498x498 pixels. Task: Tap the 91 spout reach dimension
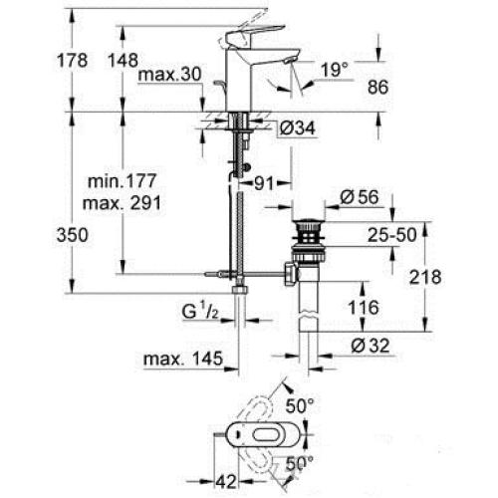(x=263, y=182)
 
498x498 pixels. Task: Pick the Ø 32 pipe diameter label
(x=371, y=347)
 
